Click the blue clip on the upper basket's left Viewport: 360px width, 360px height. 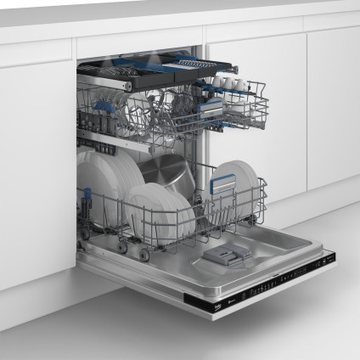coord(102,107)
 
